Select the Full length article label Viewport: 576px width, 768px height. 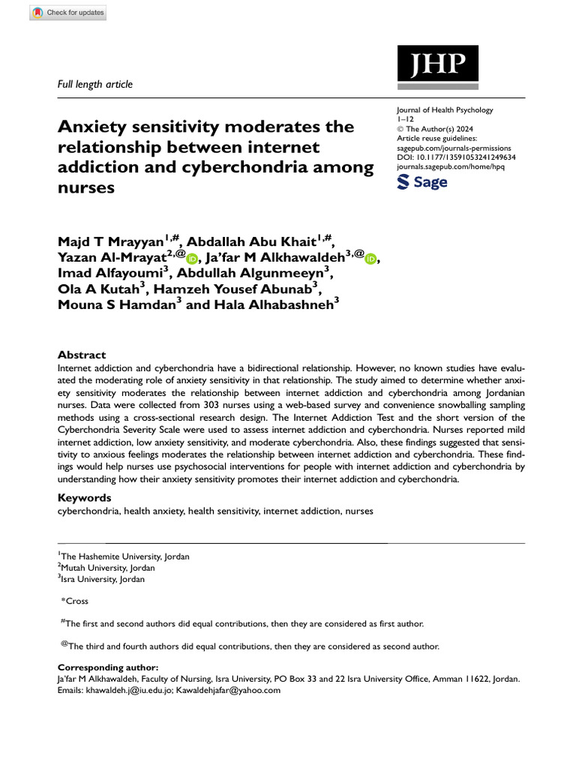[95, 84]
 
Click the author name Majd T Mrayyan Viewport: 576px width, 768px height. [111, 241]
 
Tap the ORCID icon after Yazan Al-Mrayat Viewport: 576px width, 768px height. [192, 259]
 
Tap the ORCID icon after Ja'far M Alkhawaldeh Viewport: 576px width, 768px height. [370, 259]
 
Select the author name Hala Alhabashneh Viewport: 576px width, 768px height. [259, 305]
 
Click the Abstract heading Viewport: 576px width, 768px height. [82, 355]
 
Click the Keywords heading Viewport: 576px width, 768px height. [85, 497]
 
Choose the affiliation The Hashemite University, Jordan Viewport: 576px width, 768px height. [124, 556]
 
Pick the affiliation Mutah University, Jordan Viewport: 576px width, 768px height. [108, 568]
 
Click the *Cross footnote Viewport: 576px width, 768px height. [74, 601]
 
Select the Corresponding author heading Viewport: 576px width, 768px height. [107, 667]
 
